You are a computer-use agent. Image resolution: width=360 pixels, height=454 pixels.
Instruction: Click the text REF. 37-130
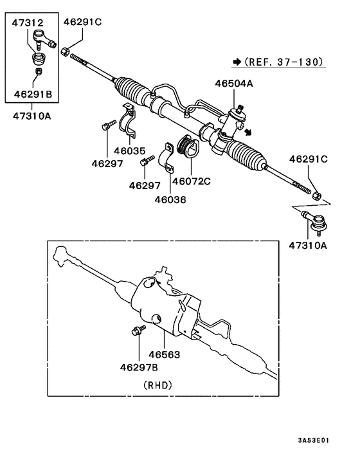283,62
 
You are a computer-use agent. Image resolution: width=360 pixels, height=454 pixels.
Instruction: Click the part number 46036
170,199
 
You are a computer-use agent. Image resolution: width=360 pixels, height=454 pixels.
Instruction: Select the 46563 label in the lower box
165,354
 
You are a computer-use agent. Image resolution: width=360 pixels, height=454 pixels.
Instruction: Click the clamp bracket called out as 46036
166,158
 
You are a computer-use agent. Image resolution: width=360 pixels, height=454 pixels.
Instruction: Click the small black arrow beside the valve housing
248,133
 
